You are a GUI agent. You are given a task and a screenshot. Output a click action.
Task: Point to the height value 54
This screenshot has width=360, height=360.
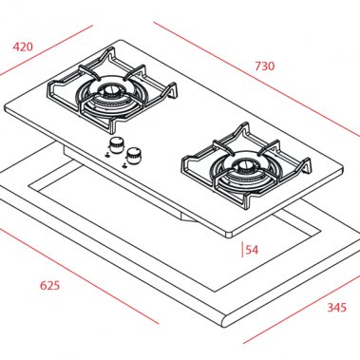[x=252, y=250]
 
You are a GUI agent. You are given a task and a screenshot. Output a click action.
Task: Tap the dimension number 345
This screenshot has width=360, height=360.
[x=335, y=307]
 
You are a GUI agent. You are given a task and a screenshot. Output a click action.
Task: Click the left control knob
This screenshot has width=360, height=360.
[x=117, y=144]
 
